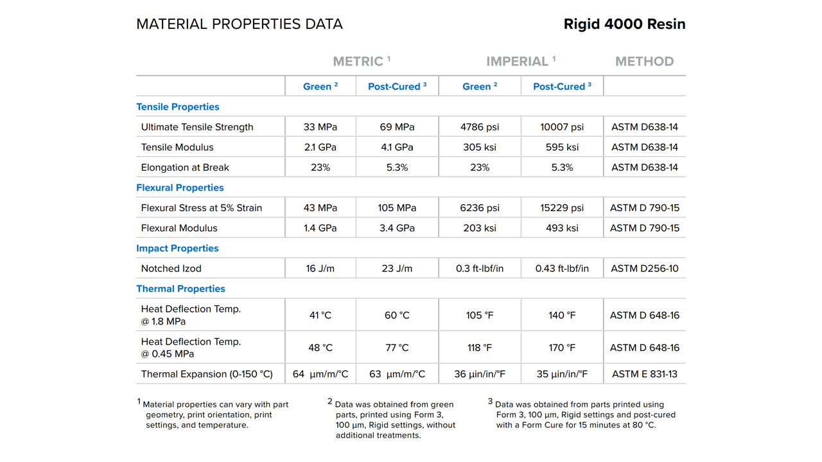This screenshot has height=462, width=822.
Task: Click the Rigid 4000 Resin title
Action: [624, 24]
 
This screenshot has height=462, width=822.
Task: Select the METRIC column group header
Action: [361, 62]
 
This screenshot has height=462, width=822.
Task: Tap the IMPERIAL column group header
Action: [520, 62]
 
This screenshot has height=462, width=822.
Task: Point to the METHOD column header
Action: [644, 62]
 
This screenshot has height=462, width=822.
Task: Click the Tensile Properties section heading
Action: [178, 107]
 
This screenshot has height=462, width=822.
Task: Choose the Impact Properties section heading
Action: [177, 248]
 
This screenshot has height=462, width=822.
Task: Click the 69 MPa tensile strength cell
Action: [397, 127]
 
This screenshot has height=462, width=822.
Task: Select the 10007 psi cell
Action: [562, 127]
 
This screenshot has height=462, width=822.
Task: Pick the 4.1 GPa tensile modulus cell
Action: [397, 147]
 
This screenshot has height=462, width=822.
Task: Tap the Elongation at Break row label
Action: [185, 167]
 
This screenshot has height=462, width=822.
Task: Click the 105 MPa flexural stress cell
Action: [397, 208]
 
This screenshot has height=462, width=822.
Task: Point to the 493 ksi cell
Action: [562, 228]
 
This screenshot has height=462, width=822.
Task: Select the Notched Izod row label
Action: [171, 268]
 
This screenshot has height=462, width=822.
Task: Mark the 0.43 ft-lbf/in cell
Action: [562, 268]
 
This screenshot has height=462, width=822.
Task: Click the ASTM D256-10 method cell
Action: [644, 268]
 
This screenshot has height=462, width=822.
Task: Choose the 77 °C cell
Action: [397, 348]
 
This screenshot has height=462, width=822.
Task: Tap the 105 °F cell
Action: [480, 315]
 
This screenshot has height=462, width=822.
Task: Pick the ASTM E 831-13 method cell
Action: [644, 374]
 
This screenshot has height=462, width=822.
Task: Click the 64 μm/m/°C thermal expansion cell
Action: [320, 374]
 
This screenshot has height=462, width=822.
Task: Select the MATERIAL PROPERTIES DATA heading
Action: [240, 24]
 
